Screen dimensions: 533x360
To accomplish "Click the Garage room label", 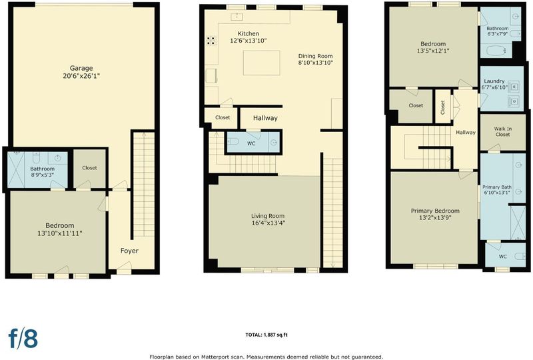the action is (81, 68).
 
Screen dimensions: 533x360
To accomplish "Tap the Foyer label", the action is (129, 251).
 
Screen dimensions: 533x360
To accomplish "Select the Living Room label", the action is (268, 216).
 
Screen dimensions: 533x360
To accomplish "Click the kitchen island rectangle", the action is (261, 63).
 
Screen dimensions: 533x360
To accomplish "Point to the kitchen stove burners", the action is (211, 41).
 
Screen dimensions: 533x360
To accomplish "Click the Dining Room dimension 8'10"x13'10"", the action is (315, 63).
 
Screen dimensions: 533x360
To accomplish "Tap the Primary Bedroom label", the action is (435, 211).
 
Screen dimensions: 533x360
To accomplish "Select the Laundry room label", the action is (494, 81).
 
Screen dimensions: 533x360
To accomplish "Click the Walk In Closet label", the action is (503, 132).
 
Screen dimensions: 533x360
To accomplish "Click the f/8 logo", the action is (23, 338).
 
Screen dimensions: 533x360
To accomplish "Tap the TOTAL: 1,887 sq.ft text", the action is (266, 335).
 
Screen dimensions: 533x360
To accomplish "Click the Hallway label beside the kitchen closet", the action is (265, 118).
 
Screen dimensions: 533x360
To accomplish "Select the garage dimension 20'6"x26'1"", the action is (81, 76).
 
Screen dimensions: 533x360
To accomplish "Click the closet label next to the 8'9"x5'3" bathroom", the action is (89, 168).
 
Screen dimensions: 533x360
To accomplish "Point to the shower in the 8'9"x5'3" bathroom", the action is (16, 169).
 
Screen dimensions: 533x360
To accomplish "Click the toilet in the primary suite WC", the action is (520, 256).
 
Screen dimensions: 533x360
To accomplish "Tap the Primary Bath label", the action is (496, 187).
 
